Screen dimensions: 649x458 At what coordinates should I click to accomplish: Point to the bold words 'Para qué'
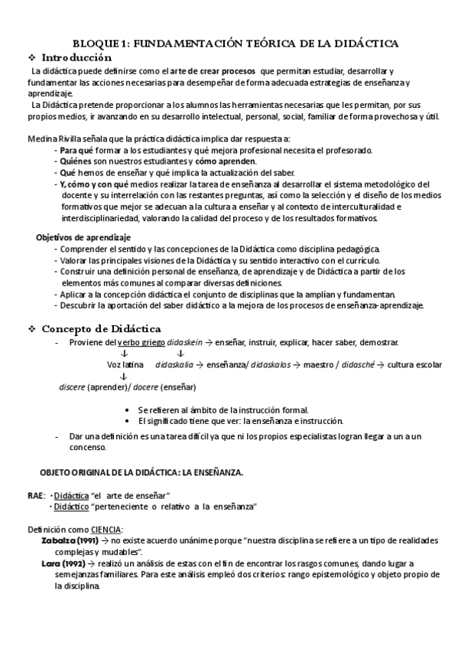(73, 150)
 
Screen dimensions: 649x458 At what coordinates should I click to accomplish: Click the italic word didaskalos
(271, 365)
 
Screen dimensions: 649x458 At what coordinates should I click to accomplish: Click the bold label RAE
(35, 494)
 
